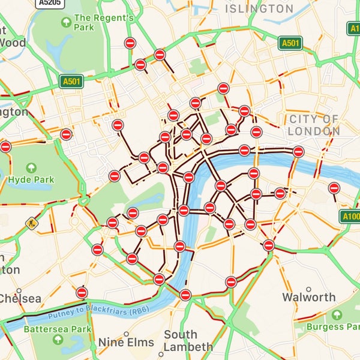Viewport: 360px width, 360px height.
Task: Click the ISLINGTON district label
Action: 259,9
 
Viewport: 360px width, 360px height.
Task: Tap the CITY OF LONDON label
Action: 313,125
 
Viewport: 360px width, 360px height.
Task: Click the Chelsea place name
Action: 20,298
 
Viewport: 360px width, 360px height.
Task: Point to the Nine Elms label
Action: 126,343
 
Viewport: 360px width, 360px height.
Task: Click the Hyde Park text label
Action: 31,179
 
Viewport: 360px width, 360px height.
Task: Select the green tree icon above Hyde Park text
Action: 30,164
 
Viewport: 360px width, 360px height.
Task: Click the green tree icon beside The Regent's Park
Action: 67,22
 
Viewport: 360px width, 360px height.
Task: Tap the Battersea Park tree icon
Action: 58,340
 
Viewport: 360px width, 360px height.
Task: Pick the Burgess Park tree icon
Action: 338,315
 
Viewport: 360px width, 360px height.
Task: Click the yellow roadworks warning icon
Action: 31,223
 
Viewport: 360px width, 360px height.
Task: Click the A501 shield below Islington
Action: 290,43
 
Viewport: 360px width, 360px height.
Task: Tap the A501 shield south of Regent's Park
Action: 71,80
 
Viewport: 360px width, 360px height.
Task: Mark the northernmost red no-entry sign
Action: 130,43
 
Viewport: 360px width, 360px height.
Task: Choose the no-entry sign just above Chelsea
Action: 82,292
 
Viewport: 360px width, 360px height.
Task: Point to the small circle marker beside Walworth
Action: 308,289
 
